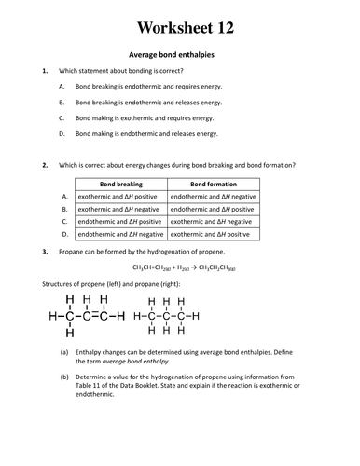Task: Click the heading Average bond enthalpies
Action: click(x=179, y=55)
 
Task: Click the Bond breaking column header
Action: click(x=120, y=185)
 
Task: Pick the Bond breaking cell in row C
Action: click(x=120, y=222)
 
